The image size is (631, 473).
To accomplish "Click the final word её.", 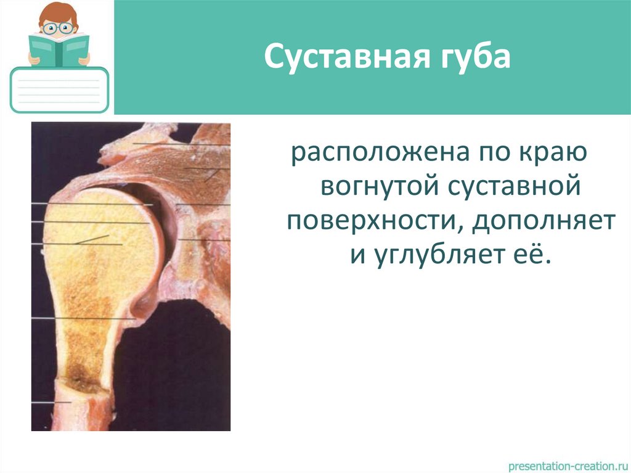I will pyautogui.click(x=533, y=253).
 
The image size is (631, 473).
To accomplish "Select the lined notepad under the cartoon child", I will pyautogui.click(x=60, y=91).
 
